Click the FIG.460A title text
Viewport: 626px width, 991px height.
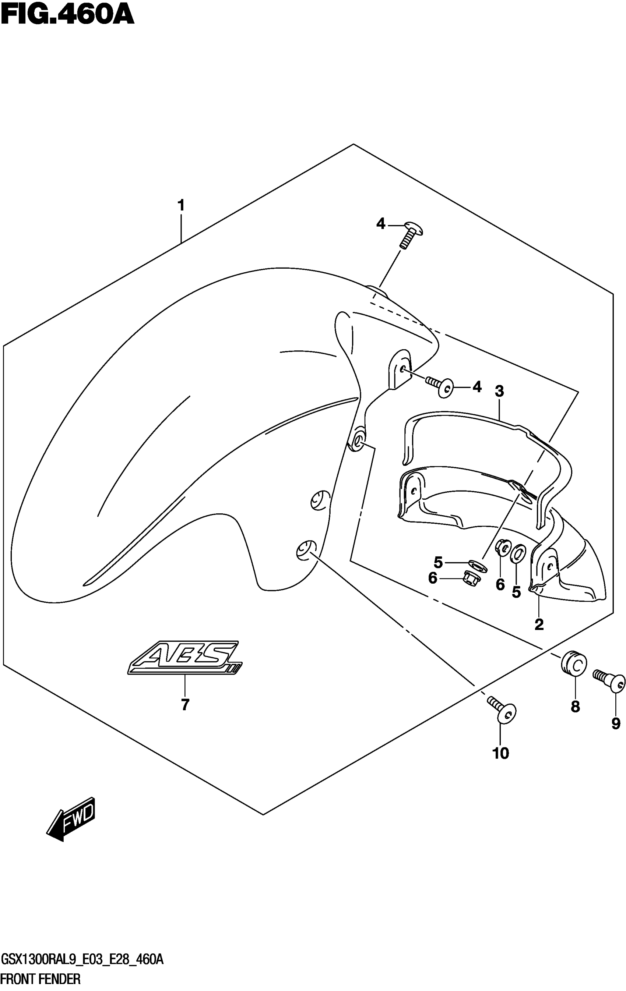point(67,15)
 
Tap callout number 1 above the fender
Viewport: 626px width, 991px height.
point(181,205)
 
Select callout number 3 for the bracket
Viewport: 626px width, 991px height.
point(499,391)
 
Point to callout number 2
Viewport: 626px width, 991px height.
point(539,624)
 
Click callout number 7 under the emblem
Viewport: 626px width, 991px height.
point(185,705)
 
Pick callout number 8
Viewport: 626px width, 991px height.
point(575,707)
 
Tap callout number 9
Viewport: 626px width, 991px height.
point(616,723)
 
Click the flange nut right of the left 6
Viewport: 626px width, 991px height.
point(469,578)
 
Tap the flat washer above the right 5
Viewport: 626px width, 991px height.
point(517,554)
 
